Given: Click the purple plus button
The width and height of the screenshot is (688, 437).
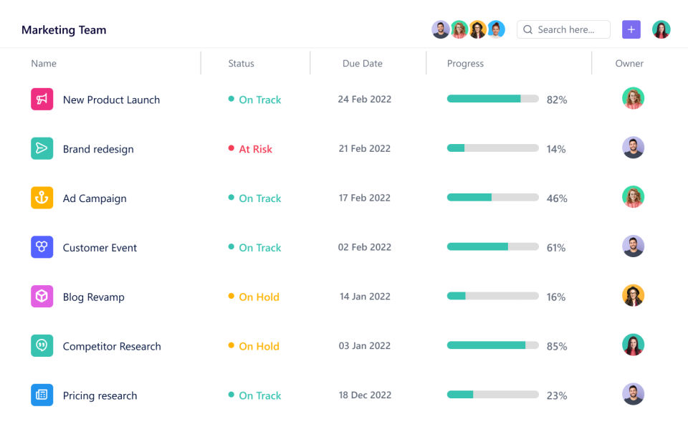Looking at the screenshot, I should pos(631,29).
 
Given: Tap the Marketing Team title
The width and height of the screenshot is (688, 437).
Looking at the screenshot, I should pos(64,30).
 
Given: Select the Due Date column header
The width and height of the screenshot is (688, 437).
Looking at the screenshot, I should pos(362,63).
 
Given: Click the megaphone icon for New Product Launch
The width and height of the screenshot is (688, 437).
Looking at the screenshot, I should pos(42,99).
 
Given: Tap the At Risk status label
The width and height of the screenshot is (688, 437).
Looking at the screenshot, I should pos(255,149).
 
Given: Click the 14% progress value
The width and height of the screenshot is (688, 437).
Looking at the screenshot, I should pos(556,149).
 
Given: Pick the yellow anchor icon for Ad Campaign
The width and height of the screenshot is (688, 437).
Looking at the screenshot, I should pos(42,198).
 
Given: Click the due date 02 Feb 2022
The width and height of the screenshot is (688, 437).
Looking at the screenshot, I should pos(365,247).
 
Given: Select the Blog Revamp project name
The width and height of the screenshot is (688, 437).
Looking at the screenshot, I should pos(93,297).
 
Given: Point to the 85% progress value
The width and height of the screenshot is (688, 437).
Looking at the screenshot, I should pos(557,346).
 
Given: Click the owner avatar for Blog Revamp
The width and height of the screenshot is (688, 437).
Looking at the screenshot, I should pos(633,296).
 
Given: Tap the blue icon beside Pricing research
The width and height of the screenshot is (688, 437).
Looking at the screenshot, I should pos(42,395).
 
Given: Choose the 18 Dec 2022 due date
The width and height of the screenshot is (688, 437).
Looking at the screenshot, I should pos(365,395).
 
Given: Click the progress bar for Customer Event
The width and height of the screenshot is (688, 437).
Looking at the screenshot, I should pos(492,246).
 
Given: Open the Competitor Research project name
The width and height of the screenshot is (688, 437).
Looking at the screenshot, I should pos(112,346).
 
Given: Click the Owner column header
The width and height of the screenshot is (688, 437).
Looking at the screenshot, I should pos(629,63).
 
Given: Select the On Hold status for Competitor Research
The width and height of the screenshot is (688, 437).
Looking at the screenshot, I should pos(259,346).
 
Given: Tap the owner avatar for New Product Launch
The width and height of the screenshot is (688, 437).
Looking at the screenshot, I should pos(633,98).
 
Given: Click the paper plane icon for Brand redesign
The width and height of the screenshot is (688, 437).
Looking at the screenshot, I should pos(42,148).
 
